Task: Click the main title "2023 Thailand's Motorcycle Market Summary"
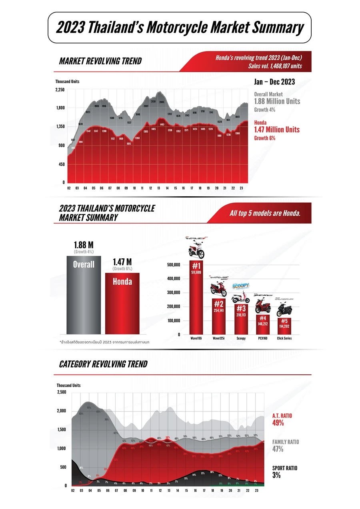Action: [180, 28]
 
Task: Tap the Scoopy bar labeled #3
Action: [241, 320]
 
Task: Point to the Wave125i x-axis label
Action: [218, 338]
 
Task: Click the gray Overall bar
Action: [84, 296]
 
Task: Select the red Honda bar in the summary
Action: [122, 304]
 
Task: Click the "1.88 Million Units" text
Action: [277, 101]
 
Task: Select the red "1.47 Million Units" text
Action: [277, 130]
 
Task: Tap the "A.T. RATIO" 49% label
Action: [282, 419]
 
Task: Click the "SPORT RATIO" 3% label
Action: [284, 472]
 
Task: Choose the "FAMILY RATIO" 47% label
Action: [285, 445]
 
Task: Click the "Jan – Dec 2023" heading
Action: [274, 82]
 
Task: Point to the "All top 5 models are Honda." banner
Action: [265, 214]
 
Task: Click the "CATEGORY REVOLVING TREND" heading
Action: [103, 364]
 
